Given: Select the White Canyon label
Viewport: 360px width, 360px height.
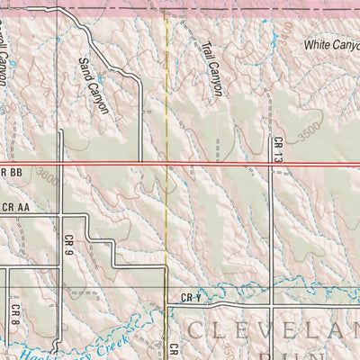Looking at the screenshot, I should (330, 43).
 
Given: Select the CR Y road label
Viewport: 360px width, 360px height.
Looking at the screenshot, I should (187, 298).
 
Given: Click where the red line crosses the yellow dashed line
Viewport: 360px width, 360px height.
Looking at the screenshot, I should (168, 163).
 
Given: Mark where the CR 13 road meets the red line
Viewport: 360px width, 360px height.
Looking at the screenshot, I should (271, 163).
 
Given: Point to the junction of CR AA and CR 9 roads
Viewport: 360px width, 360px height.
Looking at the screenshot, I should (59, 214).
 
